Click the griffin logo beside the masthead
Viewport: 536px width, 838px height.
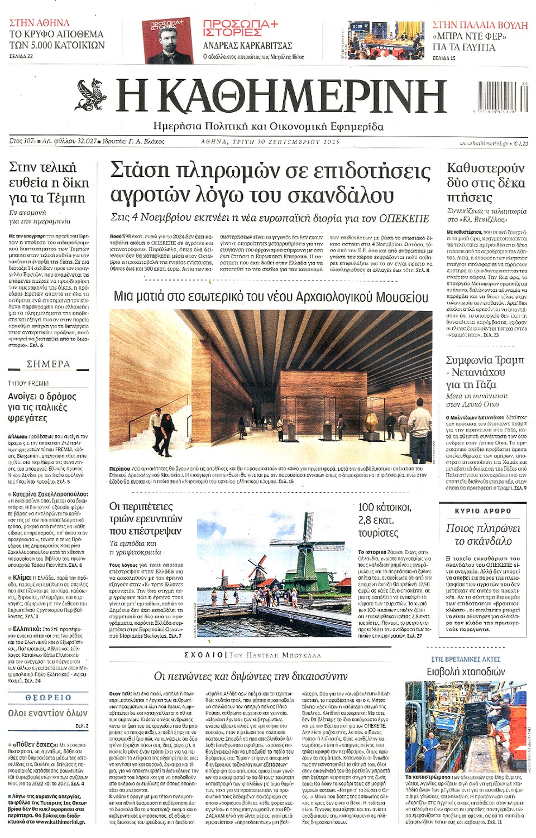click(x=91, y=95)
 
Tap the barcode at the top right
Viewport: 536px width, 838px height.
click(x=502, y=97)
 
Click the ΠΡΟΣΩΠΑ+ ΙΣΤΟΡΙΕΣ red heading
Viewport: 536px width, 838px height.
click(x=240, y=28)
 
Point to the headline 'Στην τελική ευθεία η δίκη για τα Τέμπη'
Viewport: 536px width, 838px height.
click(x=49, y=182)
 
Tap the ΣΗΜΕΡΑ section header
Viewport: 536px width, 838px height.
click(x=49, y=364)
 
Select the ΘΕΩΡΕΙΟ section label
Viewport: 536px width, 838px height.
click(x=49, y=697)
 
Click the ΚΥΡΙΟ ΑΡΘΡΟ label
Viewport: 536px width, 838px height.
click(x=482, y=510)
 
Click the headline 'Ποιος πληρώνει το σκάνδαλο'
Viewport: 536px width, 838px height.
click(x=482, y=534)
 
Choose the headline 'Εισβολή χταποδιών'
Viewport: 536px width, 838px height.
click(x=466, y=672)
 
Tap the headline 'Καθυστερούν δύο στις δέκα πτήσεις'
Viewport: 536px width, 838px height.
click(x=486, y=182)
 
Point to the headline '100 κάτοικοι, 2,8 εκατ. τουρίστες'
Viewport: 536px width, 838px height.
click(x=385, y=520)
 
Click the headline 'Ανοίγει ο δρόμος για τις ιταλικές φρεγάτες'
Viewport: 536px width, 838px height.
click(x=42, y=407)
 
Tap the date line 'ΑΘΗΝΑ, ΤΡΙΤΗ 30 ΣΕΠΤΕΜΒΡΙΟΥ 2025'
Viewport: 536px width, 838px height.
click(x=270, y=142)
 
